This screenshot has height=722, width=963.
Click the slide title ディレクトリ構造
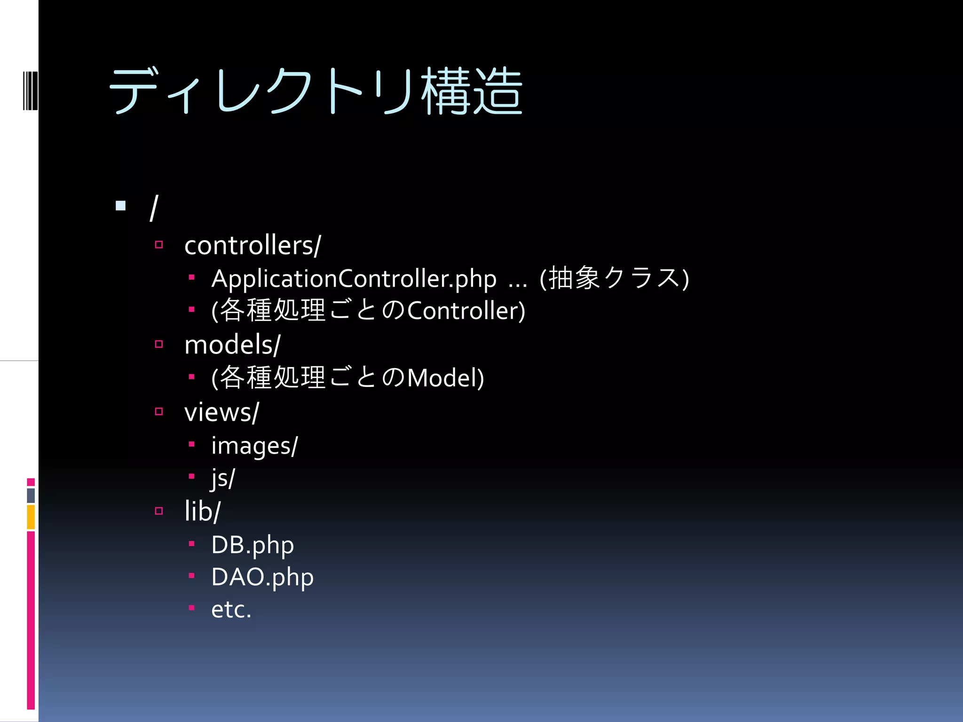(x=316, y=91)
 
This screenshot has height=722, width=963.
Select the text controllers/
(x=253, y=245)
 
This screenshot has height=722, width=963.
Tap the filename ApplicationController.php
(x=354, y=279)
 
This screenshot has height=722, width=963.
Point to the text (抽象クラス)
(x=614, y=278)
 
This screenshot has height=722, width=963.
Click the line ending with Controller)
(x=368, y=311)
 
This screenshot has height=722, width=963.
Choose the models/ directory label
(x=232, y=345)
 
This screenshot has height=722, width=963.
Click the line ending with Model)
(x=347, y=378)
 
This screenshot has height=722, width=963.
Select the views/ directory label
(x=221, y=412)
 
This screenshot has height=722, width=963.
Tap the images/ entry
(x=254, y=446)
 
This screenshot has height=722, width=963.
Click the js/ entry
(x=223, y=479)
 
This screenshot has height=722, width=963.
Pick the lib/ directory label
(x=202, y=511)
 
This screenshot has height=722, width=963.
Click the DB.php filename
(x=253, y=545)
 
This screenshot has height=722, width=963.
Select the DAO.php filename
(x=262, y=577)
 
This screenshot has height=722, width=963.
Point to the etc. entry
(x=231, y=610)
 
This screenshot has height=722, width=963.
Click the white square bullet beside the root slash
(x=121, y=205)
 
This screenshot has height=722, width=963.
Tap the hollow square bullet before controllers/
(x=159, y=244)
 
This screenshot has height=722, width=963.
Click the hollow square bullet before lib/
(x=159, y=510)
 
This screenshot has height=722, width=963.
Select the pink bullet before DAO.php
(x=191, y=575)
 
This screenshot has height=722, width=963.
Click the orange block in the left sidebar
(x=31, y=517)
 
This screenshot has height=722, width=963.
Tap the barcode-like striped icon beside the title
(x=30, y=91)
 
